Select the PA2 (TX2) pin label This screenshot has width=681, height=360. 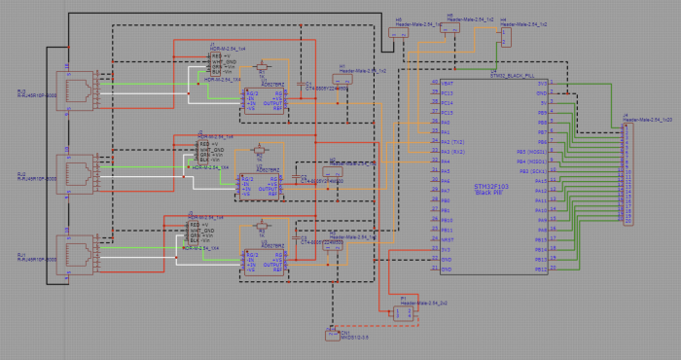pyautogui.click(x=450, y=142)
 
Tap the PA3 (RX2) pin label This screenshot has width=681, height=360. pyautogui.click(x=450, y=152)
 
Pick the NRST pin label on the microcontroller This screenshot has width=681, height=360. pyautogui.click(x=448, y=238)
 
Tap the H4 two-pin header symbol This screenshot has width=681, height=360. pyautogui.click(x=506, y=34)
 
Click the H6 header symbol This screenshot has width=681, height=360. pyautogui.click(x=450, y=29)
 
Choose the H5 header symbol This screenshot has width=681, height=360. pyautogui.click(x=397, y=32)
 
